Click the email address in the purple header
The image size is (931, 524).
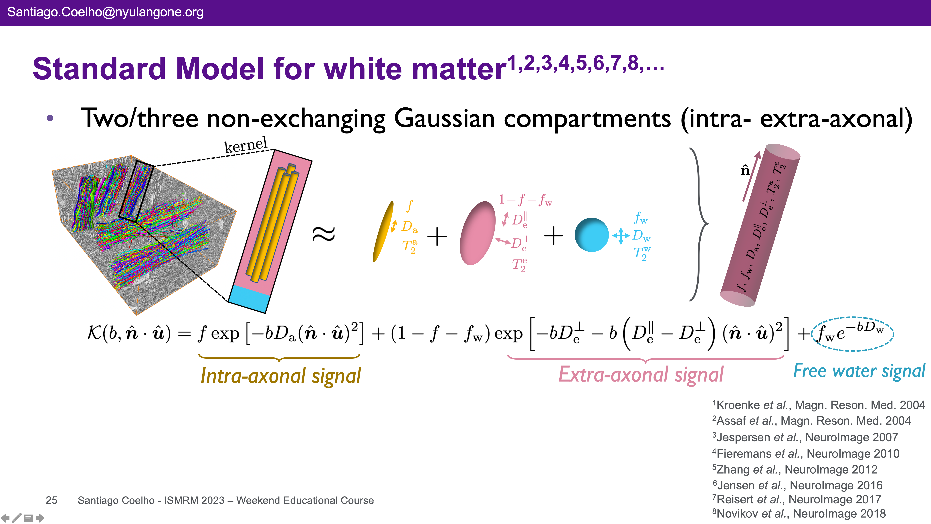[x=105, y=12]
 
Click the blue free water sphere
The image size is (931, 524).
[x=592, y=235]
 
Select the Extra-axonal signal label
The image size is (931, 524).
[x=641, y=374]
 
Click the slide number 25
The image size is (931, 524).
[x=51, y=500]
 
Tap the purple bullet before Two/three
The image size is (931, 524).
[x=50, y=118]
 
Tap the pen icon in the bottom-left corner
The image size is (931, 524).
[x=17, y=518]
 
